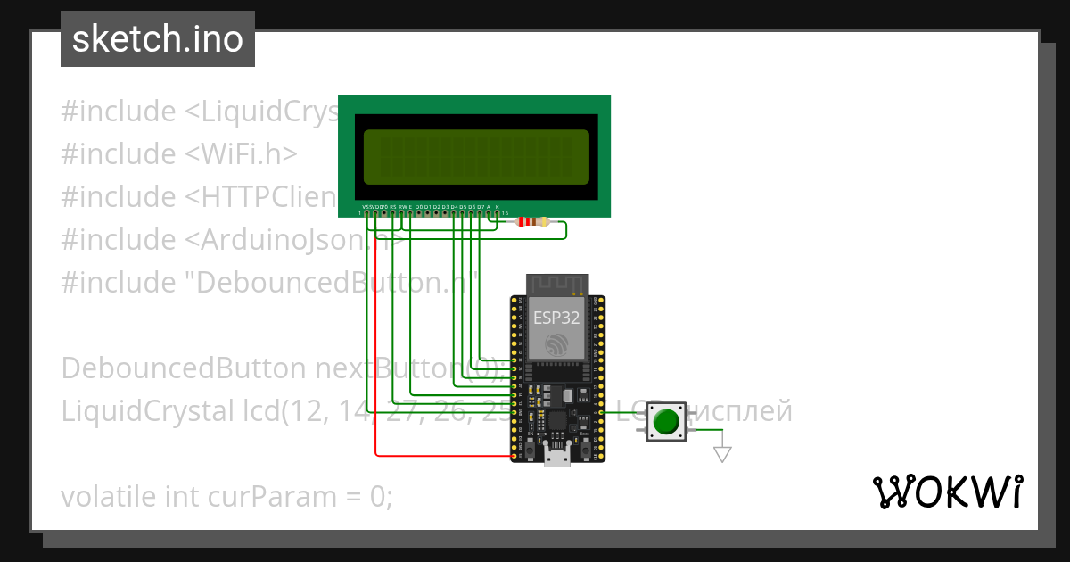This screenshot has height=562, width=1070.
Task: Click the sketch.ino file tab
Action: click(157, 39)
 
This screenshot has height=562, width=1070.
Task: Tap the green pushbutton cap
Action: click(666, 420)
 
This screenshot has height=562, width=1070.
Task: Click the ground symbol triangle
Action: click(722, 454)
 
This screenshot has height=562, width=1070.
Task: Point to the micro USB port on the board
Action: click(558, 458)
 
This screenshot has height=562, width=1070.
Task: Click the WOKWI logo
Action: click(946, 492)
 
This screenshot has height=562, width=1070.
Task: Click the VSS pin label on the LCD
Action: click(366, 206)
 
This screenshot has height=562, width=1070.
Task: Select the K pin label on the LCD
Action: click(497, 206)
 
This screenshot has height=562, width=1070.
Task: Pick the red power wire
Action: click(376, 357)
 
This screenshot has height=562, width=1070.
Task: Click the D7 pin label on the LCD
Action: click(480, 206)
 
